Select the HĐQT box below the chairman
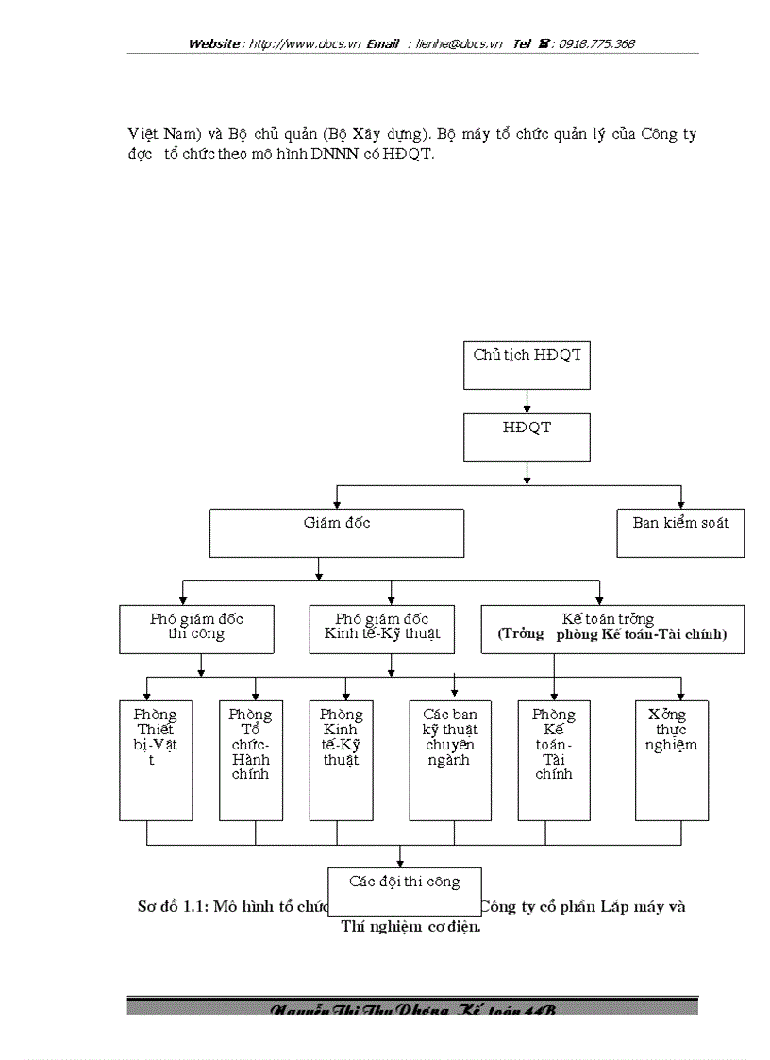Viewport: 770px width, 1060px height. [527, 438]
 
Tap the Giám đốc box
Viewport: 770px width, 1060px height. [336, 532]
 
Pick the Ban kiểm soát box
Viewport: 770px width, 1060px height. [680, 532]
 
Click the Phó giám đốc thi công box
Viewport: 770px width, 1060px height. [196, 629]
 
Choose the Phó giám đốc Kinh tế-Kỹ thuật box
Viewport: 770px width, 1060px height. [381, 629]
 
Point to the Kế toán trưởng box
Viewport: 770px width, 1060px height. [612, 629]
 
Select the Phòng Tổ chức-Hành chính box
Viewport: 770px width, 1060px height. [250, 760]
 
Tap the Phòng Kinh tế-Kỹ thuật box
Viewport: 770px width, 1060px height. [341, 760]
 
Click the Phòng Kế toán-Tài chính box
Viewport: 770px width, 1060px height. [553, 760]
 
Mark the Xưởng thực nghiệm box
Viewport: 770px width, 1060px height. [672, 760]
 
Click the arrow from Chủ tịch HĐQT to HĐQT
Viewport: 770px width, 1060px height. [527, 401]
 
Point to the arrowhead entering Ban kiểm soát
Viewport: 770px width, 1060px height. [680, 503]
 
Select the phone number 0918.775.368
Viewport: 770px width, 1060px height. [596, 43]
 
